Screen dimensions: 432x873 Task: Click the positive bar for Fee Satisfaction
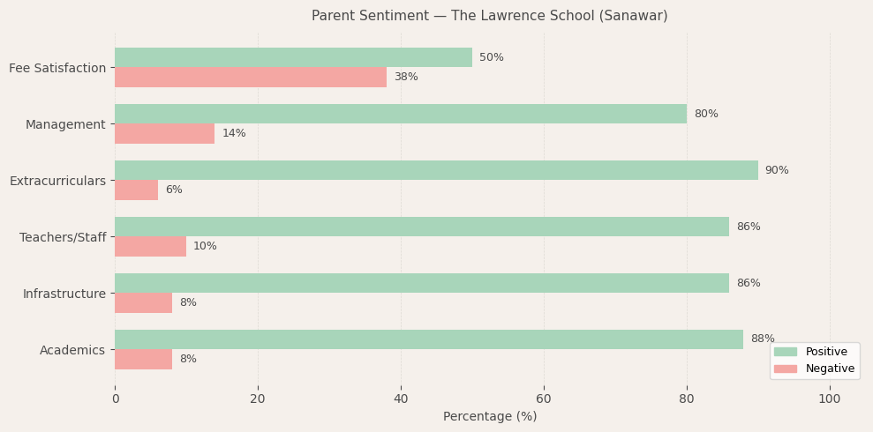293,57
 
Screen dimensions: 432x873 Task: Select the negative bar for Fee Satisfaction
251,77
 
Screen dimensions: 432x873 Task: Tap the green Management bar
401,114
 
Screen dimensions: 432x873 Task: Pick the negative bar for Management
164,133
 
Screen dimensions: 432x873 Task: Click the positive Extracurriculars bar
436,170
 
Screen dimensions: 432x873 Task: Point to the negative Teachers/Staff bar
150,246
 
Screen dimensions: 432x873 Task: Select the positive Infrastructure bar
422,283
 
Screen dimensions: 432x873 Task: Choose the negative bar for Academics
143,359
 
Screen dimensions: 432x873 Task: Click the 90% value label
777,170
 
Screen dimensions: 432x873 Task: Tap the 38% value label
406,77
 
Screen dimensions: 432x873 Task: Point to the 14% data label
234,133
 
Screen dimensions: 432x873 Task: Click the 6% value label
174,190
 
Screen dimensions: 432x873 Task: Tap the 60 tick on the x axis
544,398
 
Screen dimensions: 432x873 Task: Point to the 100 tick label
830,398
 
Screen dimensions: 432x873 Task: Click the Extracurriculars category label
57,181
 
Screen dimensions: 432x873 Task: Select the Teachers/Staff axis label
63,237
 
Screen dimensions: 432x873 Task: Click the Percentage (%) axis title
490,416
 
